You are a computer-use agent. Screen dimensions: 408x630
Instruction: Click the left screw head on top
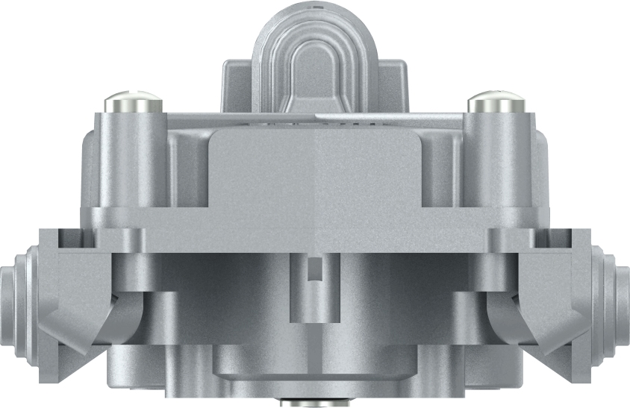coord(132,101)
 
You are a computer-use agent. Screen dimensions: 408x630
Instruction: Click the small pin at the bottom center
coord(314,403)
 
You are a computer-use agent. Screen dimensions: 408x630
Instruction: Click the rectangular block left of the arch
coord(237,86)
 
